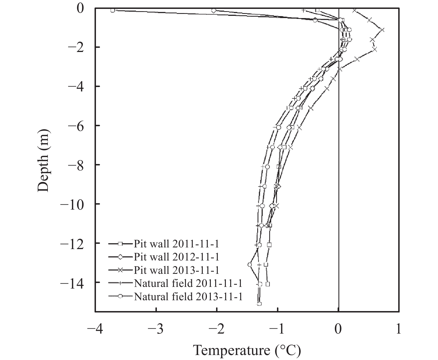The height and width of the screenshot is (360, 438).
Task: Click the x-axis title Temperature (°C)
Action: pyautogui.click(x=247, y=351)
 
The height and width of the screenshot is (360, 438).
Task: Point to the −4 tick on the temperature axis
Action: pyautogui.click(x=95, y=330)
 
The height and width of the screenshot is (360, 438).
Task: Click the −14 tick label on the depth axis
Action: pyautogui.click(x=73, y=282)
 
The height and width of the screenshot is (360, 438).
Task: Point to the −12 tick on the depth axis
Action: pyautogui.click(x=73, y=243)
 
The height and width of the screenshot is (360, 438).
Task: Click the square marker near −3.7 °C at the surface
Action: pyautogui.click(x=113, y=11)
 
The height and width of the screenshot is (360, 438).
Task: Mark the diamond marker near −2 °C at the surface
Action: pyautogui.click(x=214, y=11)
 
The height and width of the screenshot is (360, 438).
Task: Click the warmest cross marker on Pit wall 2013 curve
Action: pyautogui.click(x=382, y=30)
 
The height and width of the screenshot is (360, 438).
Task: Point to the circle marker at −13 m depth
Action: pyautogui.click(x=249, y=265)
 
